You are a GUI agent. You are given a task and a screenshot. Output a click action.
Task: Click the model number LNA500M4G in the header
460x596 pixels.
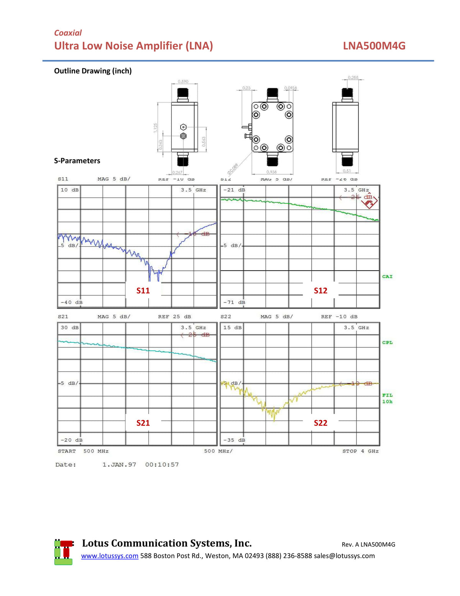[374, 46]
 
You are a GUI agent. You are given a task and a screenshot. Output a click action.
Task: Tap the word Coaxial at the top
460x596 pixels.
[68, 33]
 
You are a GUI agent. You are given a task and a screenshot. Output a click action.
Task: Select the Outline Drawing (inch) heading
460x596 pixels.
[93, 71]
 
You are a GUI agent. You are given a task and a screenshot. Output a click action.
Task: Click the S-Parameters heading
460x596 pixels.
[77, 161]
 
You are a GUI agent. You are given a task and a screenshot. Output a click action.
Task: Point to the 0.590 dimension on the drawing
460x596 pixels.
[183, 82]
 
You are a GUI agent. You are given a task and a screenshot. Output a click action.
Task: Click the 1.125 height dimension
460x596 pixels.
[155, 128]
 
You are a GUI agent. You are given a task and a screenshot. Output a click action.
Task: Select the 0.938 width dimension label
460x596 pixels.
[271, 172]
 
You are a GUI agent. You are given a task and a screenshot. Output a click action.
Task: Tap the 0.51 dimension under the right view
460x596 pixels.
[347, 171]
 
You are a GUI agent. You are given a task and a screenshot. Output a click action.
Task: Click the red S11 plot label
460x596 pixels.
[143, 291]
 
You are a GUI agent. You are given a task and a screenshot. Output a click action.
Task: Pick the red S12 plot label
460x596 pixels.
[320, 291]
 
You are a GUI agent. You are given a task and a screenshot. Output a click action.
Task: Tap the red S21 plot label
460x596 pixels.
[143, 423]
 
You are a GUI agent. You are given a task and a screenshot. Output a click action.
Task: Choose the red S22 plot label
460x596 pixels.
[320, 423]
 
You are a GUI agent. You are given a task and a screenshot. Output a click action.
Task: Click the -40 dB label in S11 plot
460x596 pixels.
[72, 302]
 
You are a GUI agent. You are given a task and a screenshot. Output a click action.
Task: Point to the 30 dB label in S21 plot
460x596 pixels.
[70, 328]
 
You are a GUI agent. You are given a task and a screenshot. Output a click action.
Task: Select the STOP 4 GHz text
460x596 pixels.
[360, 451]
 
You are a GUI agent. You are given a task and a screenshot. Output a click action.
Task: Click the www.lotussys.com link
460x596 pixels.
[110, 556]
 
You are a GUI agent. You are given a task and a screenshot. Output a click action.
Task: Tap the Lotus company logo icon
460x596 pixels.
[64, 552]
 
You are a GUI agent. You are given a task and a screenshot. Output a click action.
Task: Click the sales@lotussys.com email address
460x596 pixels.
[344, 556]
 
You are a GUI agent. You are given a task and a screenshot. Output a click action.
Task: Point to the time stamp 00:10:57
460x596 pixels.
[162, 465]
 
